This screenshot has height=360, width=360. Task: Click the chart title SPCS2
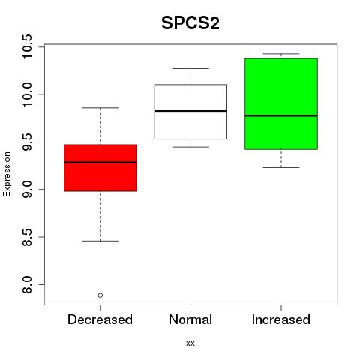[x=190, y=23]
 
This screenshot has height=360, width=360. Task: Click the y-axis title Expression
[x=7, y=174]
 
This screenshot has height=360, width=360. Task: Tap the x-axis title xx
[x=190, y=343]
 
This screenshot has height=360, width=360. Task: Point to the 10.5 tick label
[x=27, y=46]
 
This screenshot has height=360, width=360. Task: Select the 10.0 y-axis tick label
[x=27, y=94]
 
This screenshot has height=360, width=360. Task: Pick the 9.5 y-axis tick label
[x=27, y=142]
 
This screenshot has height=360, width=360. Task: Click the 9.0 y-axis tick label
[x=27, y=190]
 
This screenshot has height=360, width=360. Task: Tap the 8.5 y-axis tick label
[x=27, y=237]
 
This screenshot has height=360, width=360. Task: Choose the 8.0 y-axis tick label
[x=27, y=284]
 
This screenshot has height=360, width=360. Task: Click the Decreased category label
[x=100, y=319]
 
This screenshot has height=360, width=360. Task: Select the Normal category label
[x=190, y=319]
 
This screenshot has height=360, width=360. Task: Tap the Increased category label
[x=281, y=319]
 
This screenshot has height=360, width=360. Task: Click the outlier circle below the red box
[x=100, y=295]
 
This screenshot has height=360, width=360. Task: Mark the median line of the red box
[x=100, y=163]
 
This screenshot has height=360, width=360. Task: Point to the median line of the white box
[x=190, y=111]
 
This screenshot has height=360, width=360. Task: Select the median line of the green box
[x=281, y=115]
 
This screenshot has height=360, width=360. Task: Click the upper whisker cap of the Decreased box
[x=100, y=108]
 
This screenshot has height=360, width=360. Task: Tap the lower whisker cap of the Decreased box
[x=100, y=241]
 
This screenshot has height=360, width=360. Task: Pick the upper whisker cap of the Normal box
[x=190, y=68]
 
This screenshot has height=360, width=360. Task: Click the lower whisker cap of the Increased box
[x=281, y=167]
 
